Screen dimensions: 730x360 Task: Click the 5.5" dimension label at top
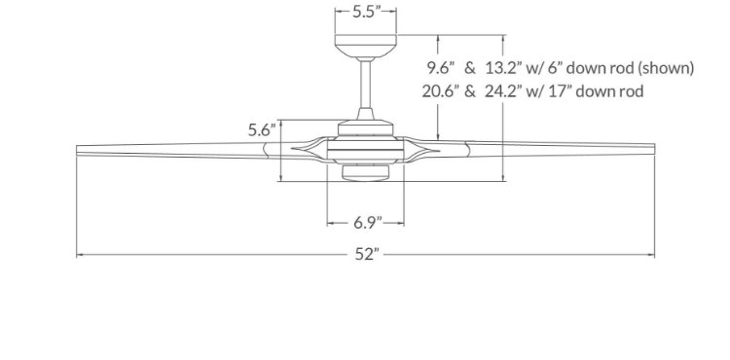pos(366,11)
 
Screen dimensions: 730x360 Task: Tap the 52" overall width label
pos(367,254)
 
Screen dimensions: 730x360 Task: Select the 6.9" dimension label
pos(366,223)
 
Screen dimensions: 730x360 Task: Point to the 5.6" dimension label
pos(263,129)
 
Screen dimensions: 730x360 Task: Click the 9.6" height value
pos(440,68)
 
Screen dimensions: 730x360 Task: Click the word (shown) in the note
pos(666,69)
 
